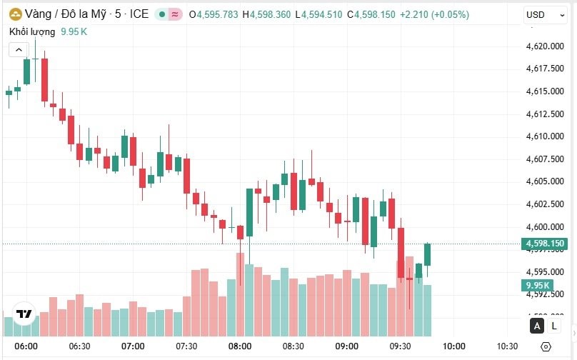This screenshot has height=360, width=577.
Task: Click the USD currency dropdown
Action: [540, 14]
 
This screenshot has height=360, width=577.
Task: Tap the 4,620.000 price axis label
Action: [545, 46]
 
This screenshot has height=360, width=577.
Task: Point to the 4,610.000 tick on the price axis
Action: [545, 136]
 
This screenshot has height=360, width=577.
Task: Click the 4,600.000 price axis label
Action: [545, 227]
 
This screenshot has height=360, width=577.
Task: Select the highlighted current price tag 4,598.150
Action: [545, 244]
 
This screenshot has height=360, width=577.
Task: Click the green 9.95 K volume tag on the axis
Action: [536, 286]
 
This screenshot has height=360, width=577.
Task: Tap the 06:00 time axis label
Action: [26, 346]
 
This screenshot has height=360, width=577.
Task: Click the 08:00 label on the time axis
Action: [240, 346]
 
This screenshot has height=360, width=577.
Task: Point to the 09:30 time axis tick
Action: [401, 346]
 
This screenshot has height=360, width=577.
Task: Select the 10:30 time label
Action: [507, 346]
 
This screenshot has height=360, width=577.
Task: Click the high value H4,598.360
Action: [266, 14]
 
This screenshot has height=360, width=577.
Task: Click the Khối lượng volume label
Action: [33, 31]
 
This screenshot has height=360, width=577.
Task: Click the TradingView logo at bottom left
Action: [24, 314]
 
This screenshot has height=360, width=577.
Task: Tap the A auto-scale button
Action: [536, 326]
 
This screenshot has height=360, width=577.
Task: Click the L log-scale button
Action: [554, 326]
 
